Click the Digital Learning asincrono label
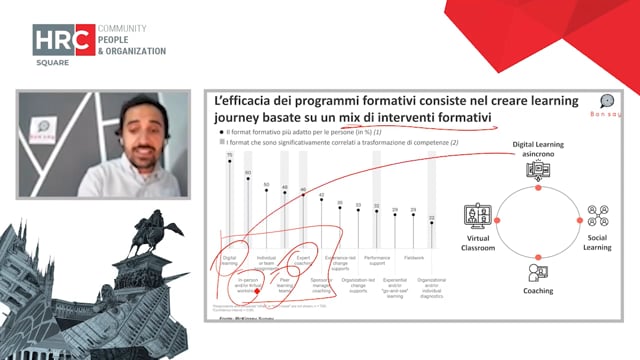click(539, 150)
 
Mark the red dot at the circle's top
click(538, 188)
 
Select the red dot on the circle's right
click(579, 219)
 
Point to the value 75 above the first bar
click(229, 155)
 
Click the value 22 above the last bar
click(430, 217)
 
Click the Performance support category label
click(370, 260)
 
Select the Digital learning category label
click(229, 260)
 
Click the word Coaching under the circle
click(538, 291)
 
